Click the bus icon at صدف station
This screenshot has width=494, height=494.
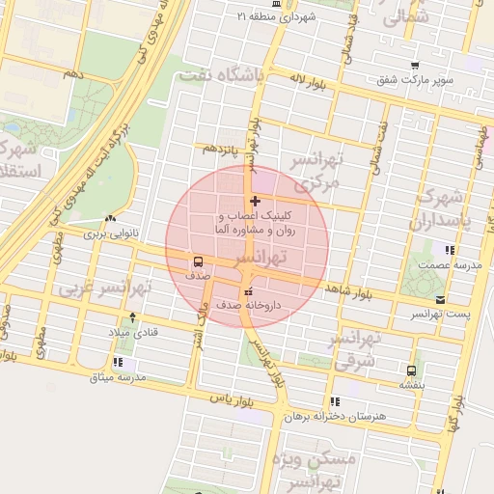click(x=199, y=261)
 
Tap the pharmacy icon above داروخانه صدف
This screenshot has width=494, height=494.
click(x=248, y=291)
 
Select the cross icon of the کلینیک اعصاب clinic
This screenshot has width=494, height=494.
click(x=255, y=202)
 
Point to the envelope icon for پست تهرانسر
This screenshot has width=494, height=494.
click(x=441, y=301)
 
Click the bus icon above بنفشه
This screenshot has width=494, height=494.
click(x=412, y=370)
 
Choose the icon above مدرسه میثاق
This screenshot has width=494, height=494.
click(x=118, y=363)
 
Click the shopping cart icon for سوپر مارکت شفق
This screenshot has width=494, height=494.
click(x=415, y=67)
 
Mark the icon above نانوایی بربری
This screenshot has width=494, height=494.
click(x=111, y=220)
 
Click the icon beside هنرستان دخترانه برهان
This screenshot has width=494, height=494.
click(x=335, y=401)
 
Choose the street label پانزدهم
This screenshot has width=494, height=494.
click(x=218, y=149)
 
